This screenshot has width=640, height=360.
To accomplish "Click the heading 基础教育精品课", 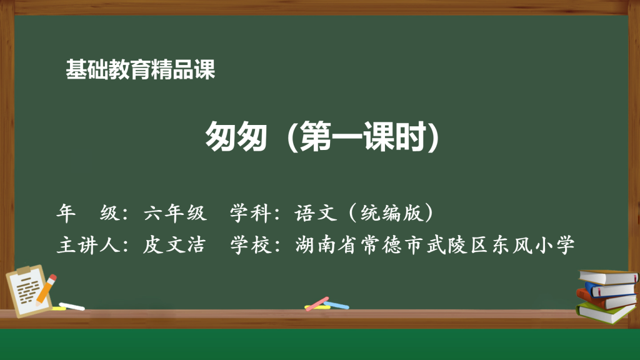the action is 141,69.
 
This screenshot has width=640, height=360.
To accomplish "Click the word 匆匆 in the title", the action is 236,136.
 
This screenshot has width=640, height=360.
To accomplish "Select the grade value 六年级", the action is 175,213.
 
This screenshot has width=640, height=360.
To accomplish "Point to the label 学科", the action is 251,213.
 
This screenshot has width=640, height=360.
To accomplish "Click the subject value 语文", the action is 316,213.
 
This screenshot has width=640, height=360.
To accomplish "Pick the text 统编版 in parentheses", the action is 391,213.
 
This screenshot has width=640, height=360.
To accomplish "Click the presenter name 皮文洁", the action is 174,245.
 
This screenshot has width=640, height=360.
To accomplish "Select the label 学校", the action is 251,245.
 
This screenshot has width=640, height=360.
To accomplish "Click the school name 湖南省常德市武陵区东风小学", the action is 435,245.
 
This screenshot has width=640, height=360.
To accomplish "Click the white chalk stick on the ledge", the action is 72,306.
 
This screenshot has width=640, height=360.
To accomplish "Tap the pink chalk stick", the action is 317,304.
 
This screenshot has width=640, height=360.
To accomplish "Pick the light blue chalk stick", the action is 336,305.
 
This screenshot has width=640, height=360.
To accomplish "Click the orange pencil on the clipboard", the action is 46,289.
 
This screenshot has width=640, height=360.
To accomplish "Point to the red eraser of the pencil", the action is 52,277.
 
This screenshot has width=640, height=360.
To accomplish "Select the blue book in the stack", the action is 611,289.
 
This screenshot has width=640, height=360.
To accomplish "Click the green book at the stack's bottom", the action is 606,312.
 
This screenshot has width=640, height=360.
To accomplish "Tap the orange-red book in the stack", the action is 606,299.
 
